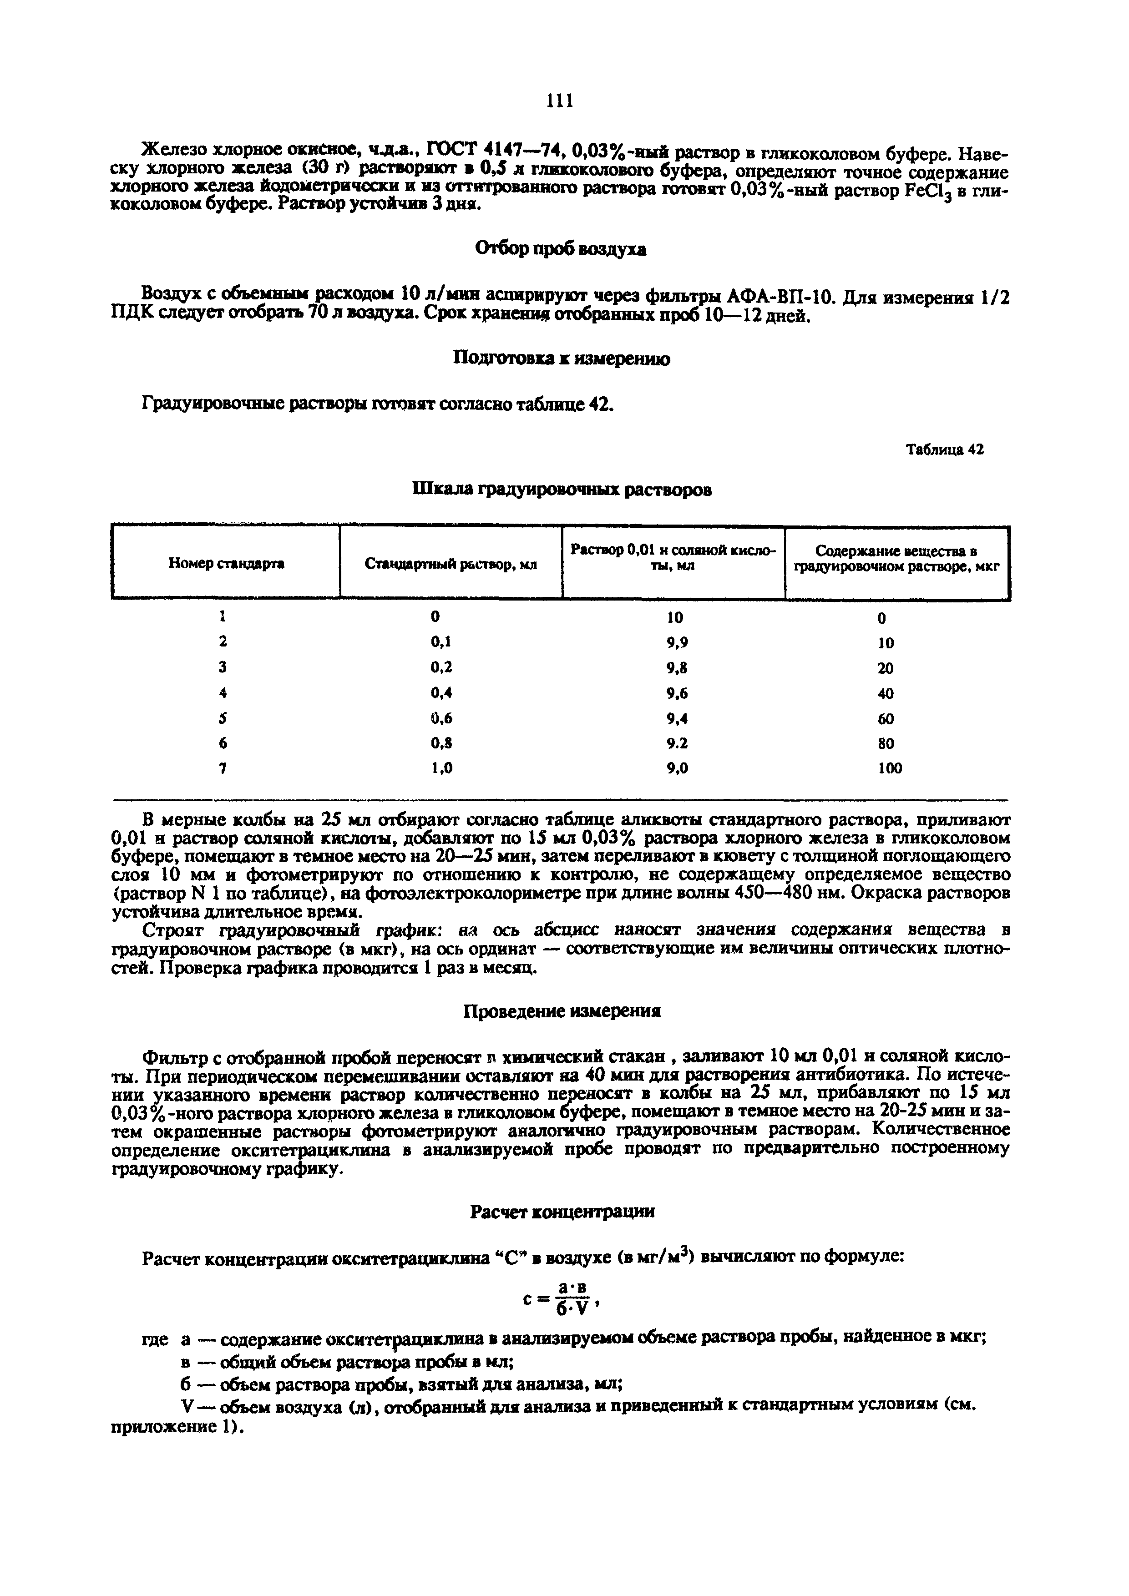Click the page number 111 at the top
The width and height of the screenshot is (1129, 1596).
pyautogui.click(x=560, y=101)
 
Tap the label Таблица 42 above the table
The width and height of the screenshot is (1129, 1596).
pyautogui.click(x=945, y=450)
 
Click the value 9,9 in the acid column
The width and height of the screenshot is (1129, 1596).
pyautogui.click(x=676, y=643)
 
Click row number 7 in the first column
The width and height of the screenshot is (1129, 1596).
pyautogui.click(x=223, y=769)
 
